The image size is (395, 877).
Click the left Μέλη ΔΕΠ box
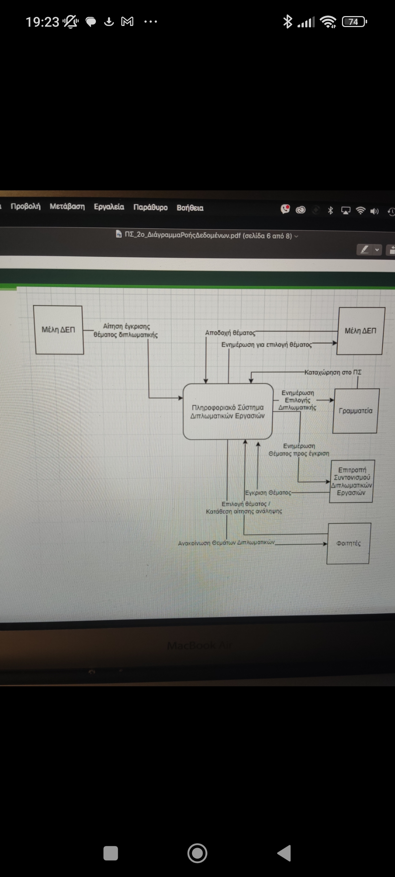pos(59,330)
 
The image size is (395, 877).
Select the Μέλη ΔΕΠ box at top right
pos(361,331)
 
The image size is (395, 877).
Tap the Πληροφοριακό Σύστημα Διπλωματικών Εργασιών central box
pos(227,411)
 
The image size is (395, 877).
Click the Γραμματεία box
pos(355,411)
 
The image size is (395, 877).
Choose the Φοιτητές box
pos(349,543)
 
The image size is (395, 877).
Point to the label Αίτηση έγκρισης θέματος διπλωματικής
pos(126,330)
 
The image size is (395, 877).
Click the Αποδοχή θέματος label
pos(230,333)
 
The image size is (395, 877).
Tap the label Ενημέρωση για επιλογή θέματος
pos(267,345)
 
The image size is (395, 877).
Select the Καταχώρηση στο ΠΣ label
pos(333,372)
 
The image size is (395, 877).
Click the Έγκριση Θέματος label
pos(268,493)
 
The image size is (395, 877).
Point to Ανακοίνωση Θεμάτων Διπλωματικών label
pos(226,543)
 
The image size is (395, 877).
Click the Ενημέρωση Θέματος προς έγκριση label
pos(299,450)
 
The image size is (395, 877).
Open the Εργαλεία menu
pos(109,207)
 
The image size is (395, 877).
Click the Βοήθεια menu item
pos(190,208)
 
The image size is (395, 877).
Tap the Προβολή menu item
pos(26,206)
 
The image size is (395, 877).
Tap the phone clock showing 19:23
pos(42,22)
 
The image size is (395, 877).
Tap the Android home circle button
pos(197,853)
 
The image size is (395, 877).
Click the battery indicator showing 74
pos(354,22)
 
